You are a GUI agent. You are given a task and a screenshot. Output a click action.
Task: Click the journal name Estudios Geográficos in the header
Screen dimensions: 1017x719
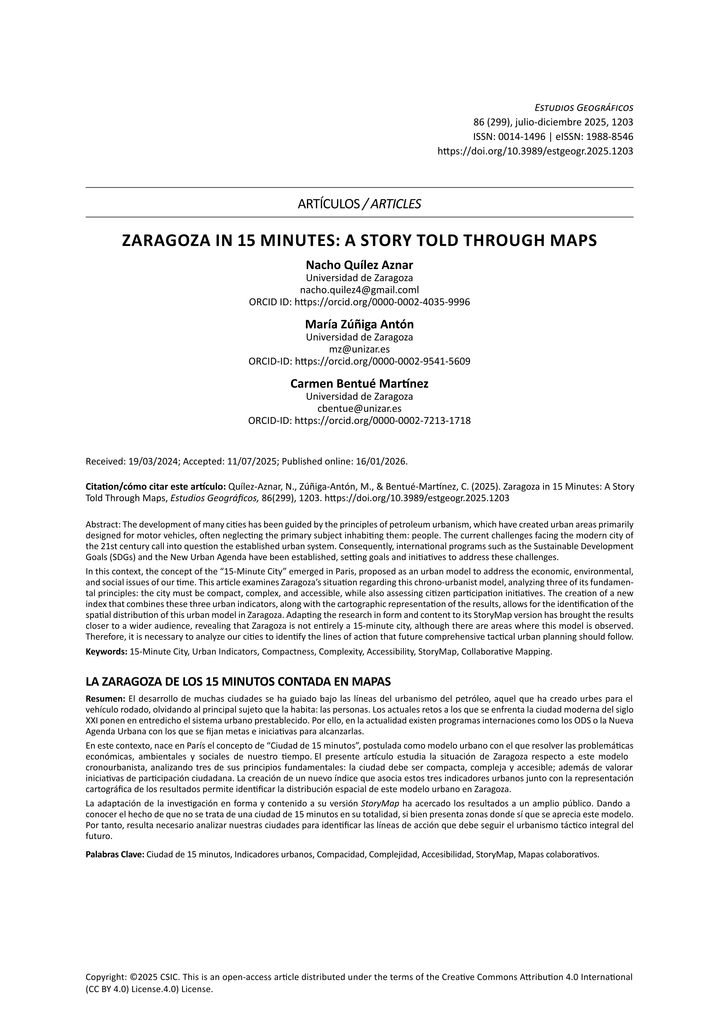tap(584, 108)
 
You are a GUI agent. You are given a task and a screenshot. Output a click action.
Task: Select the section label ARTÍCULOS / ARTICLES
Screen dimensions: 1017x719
tap(359, 204)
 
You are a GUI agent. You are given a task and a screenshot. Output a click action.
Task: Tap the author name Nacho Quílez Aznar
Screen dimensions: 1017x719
tap(359, 265)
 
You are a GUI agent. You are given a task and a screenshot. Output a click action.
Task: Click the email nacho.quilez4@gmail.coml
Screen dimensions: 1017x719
tap(359, 290)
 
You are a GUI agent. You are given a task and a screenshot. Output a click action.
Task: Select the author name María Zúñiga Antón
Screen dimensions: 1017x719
tap(359, 324)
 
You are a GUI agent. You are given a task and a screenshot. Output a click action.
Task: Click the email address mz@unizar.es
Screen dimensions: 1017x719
tap(359, 349)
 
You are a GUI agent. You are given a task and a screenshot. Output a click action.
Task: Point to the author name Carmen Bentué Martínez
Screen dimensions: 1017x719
tap(359, 384)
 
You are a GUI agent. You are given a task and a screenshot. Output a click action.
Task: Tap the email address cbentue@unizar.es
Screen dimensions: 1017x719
tap(359, 408)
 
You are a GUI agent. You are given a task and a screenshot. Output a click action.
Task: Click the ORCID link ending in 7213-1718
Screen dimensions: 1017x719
tap(382, 420)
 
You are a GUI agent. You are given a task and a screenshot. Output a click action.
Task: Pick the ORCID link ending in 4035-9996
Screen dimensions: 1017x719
tap(382, 302)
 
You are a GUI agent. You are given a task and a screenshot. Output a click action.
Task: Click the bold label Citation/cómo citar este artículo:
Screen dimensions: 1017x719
tap(156, 487)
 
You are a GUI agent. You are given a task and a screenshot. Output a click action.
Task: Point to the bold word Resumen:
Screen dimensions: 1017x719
tap(105, 699)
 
